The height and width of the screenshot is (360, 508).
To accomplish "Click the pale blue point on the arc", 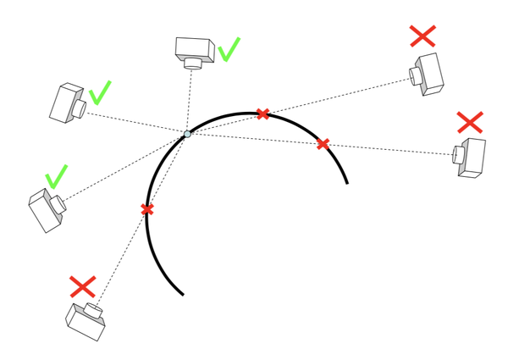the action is (x=187, y=134).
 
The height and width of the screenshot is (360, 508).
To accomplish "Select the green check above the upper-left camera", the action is (x=100, y=91).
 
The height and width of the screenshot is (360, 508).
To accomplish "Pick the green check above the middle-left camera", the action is (x=56, y=176).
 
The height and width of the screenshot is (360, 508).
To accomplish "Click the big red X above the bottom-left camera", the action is (x=82, y=286).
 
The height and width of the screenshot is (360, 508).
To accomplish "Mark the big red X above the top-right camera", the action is (x=422, y=36).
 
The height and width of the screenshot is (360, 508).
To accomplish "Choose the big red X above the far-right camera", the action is (x=469, y=121).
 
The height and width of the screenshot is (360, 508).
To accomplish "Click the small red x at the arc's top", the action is (x=263, y=114).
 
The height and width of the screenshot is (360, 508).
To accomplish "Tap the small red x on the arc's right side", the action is (x=323, y=144).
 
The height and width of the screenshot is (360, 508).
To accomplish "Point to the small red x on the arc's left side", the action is (x=147, y=209).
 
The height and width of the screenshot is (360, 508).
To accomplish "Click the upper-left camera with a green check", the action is (x=67, y=102).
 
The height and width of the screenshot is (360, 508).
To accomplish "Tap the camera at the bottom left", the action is (x=86, y=320).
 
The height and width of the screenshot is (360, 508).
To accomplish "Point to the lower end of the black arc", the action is (x=183, y=294).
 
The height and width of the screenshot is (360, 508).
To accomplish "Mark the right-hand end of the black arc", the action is (x=347, y=182).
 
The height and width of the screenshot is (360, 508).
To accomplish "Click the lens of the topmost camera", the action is (x=194, y=63).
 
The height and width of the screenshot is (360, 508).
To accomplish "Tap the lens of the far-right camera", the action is (x=458, y=156).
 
